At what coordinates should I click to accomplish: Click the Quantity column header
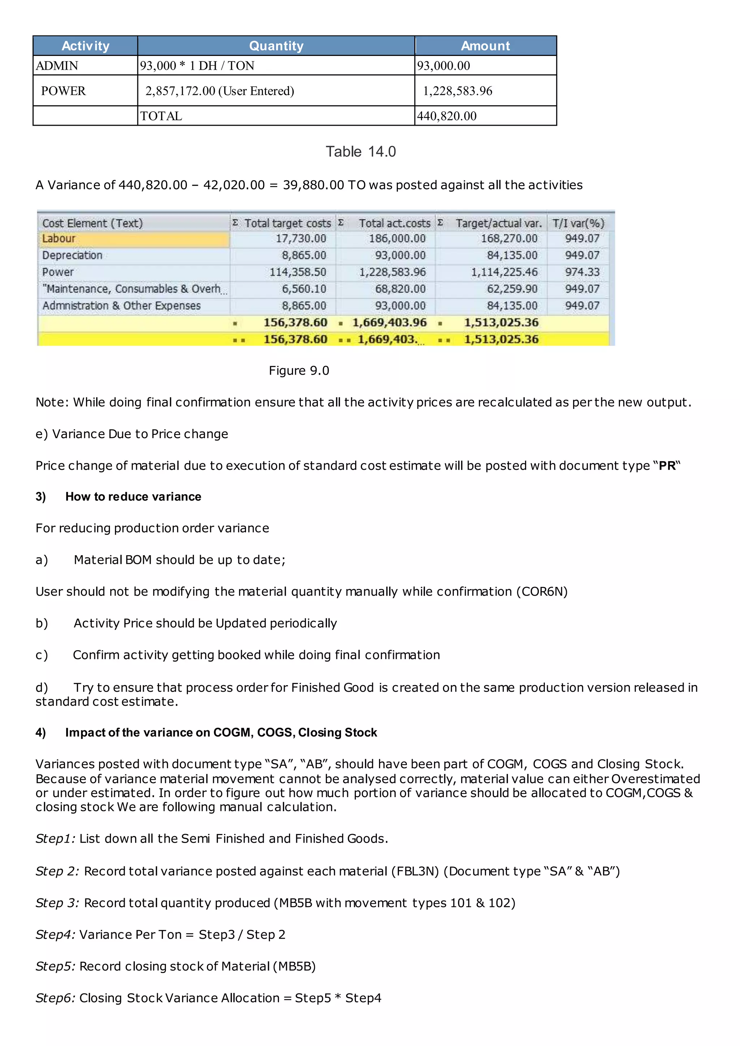tap(276, 46)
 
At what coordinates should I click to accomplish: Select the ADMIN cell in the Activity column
tap(57, 66)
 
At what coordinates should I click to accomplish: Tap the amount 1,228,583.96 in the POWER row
tap(457, 91)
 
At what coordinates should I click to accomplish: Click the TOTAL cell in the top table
tap(161, 116)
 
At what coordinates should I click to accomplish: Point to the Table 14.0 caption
tap(361, 152)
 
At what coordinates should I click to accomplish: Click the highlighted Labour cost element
tap(59, 239)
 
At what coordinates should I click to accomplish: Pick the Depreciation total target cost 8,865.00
tap(304, 255)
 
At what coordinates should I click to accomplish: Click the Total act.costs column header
tap(394, 223)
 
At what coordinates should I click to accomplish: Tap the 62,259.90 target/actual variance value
tap(512, 289)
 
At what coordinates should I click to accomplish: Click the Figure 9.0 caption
tap(298, 370)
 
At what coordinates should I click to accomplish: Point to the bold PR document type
tap(667, 466)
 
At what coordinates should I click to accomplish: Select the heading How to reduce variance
tap(133, 497)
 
